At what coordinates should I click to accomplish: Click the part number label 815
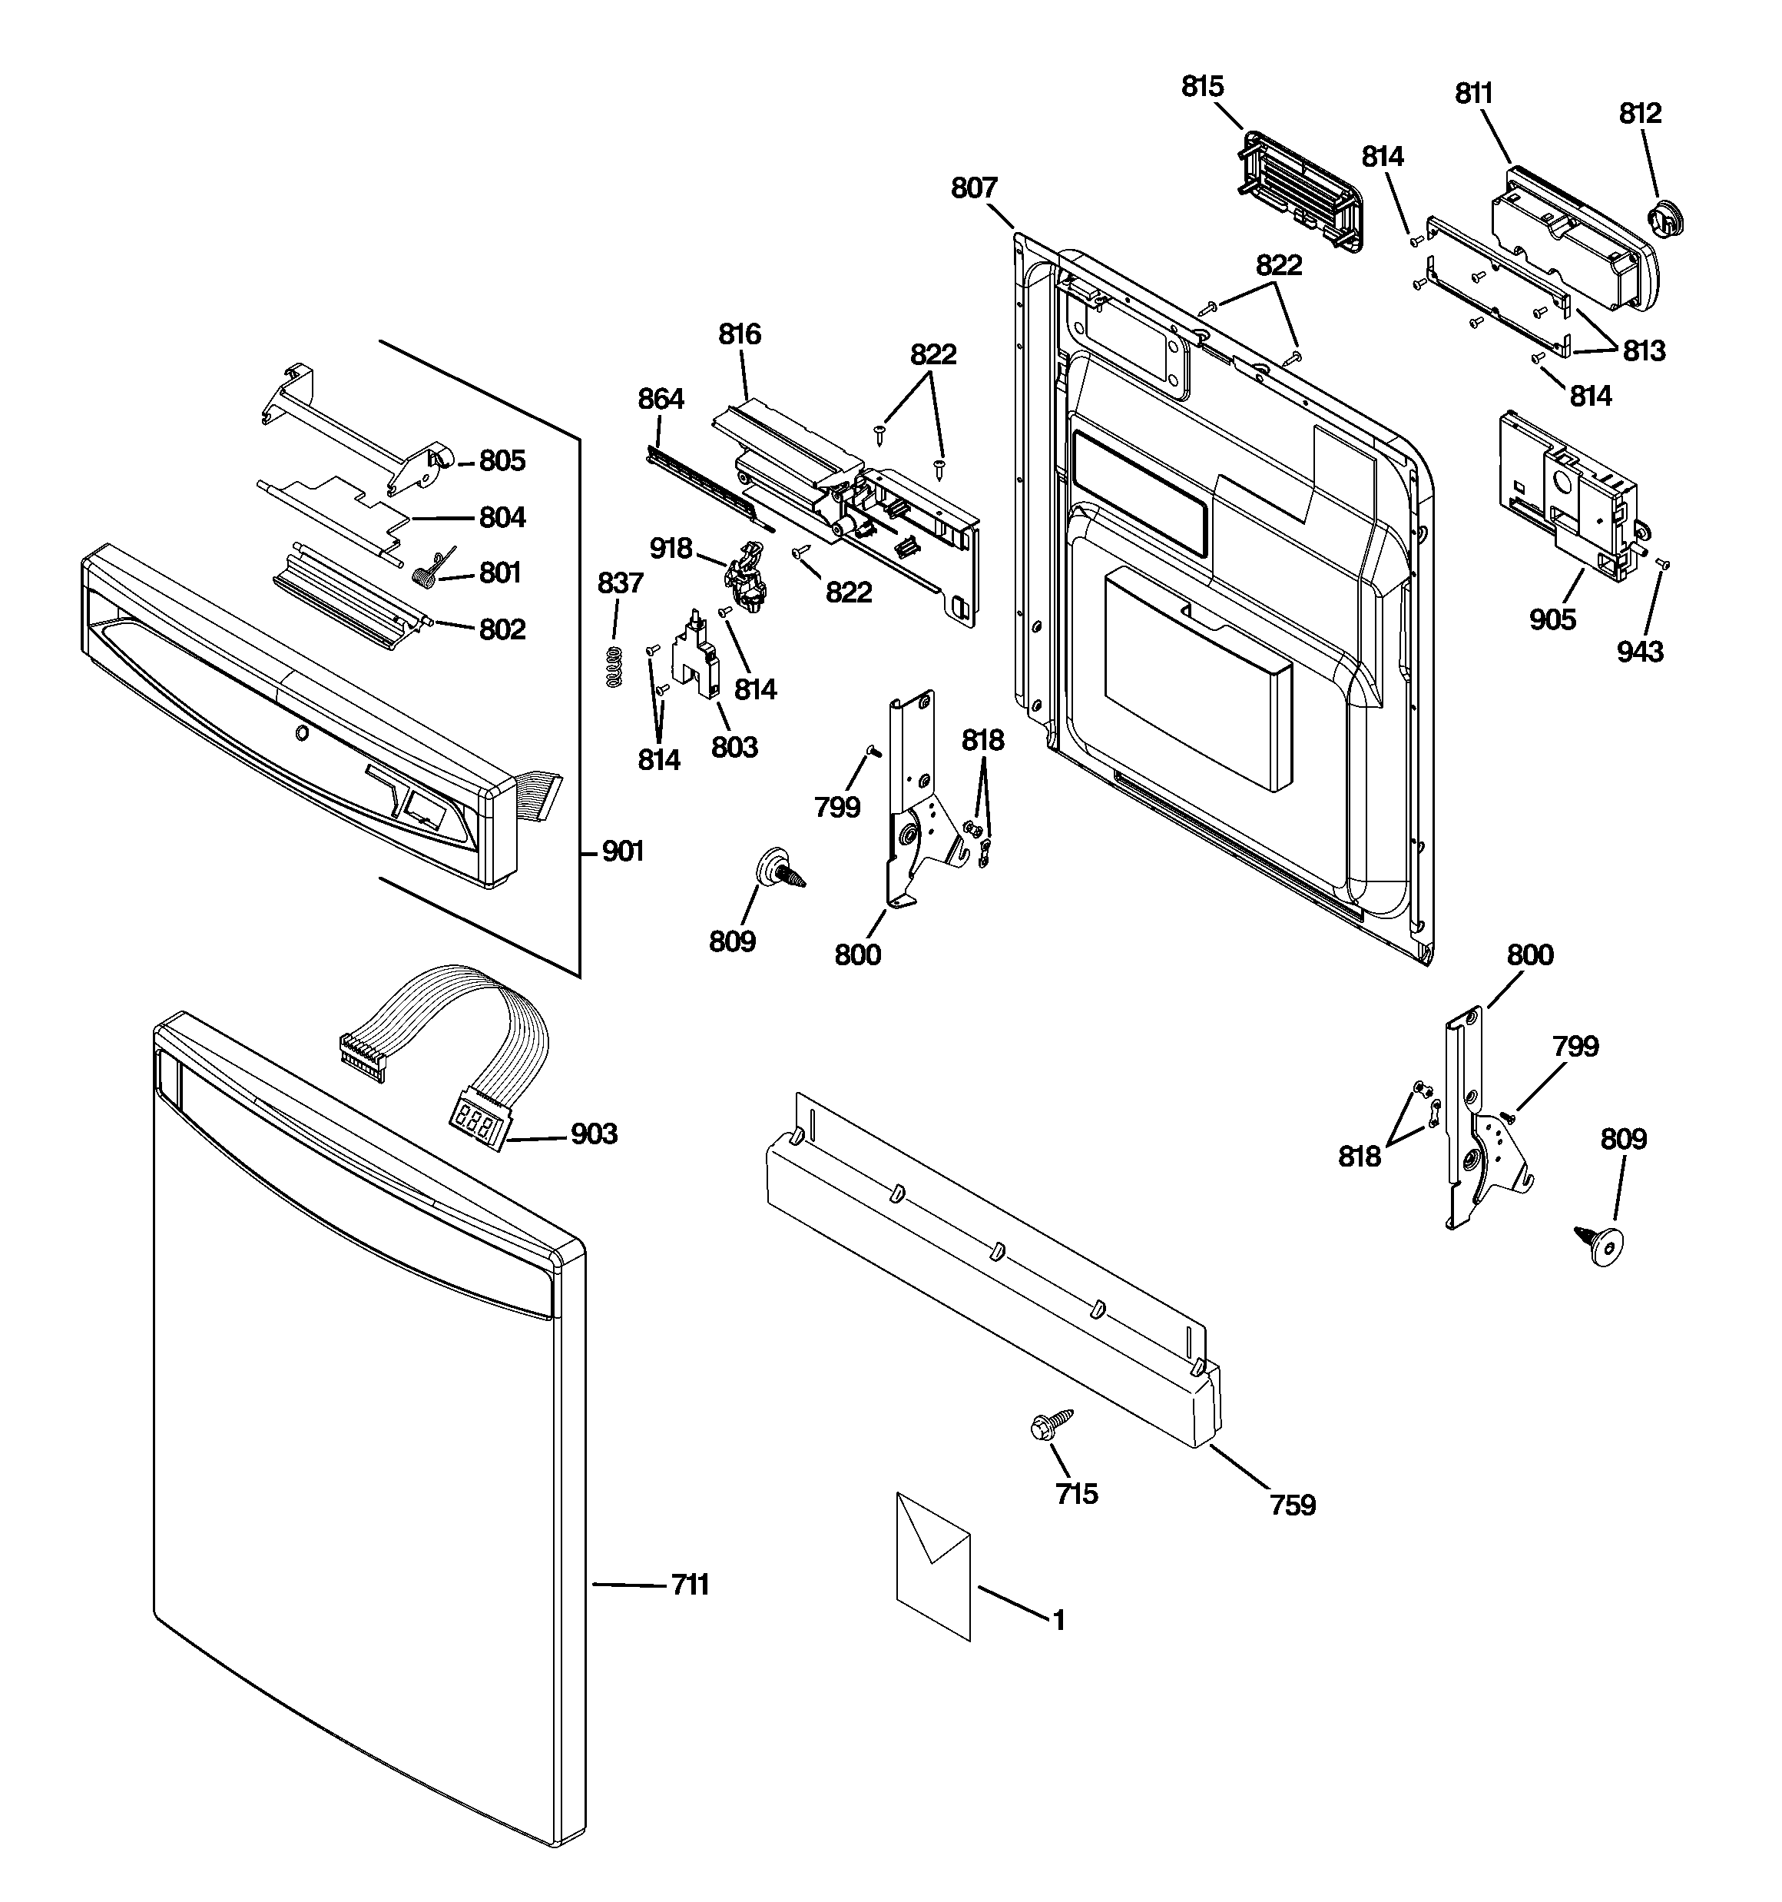[1202, 86]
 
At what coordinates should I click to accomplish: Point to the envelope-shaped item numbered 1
[932, 1565]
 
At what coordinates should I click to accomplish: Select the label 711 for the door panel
[690, 1585]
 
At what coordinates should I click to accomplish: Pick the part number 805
[502, 461]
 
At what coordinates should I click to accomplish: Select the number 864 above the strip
[661, 399]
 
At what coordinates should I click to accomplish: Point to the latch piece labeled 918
[747, 576]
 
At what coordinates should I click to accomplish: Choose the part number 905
[1552, 620]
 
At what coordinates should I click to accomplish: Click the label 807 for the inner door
[974, 188]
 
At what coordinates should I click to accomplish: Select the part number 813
[1643, 351]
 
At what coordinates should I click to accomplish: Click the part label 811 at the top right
[1474, 93]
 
